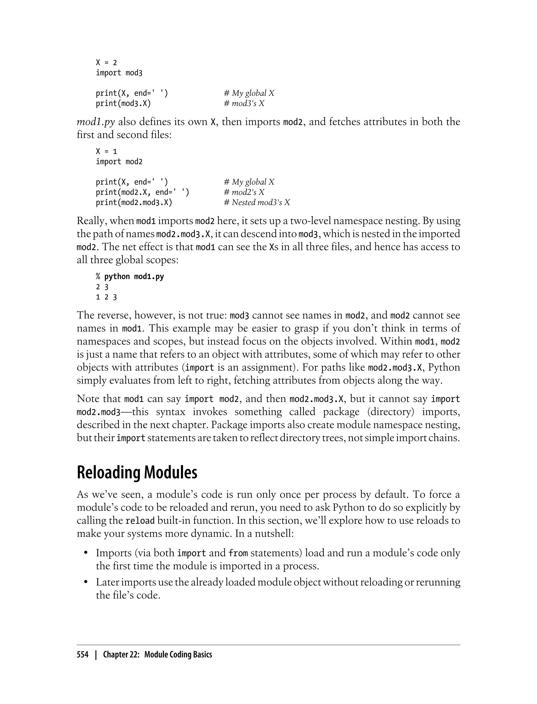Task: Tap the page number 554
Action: pos(83,654)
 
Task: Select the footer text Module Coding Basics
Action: pos(178,654)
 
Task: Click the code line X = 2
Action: pos(106,63)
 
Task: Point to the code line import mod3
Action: pos(119,73)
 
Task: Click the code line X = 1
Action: pos(106,151)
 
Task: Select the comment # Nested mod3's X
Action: pos(257,202)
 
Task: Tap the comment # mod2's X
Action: pos(244,192)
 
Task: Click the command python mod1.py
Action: pos(134,277)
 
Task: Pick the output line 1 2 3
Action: pos(106,297)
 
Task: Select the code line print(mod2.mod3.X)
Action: pos(134,202)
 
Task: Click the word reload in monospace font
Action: pos(140,521)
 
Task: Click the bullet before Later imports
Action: pos(86,582)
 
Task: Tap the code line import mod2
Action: pos(119,162)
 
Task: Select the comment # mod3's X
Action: pos(244,103)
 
